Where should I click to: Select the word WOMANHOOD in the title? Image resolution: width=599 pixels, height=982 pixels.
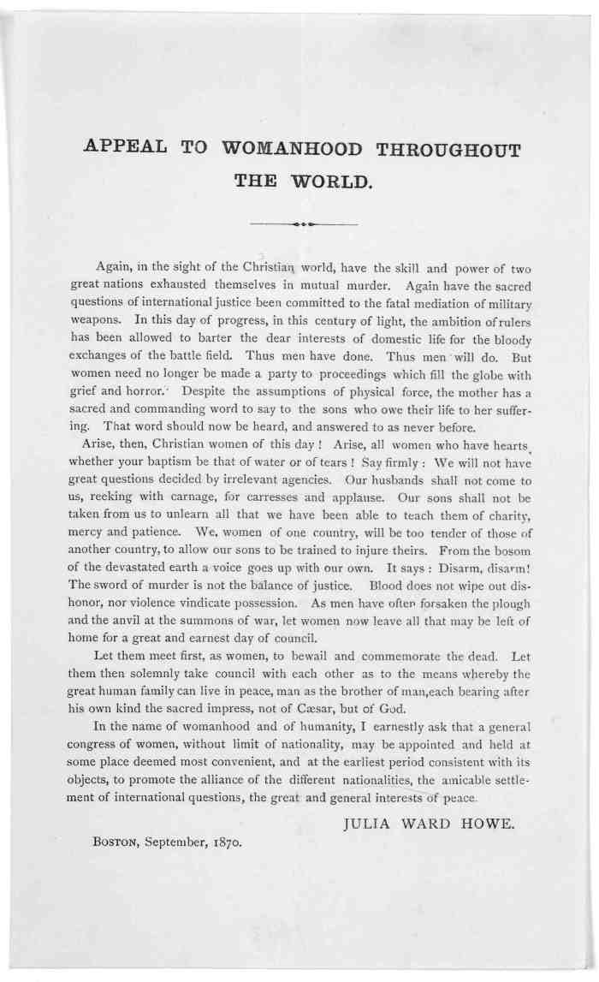[288, 149]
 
